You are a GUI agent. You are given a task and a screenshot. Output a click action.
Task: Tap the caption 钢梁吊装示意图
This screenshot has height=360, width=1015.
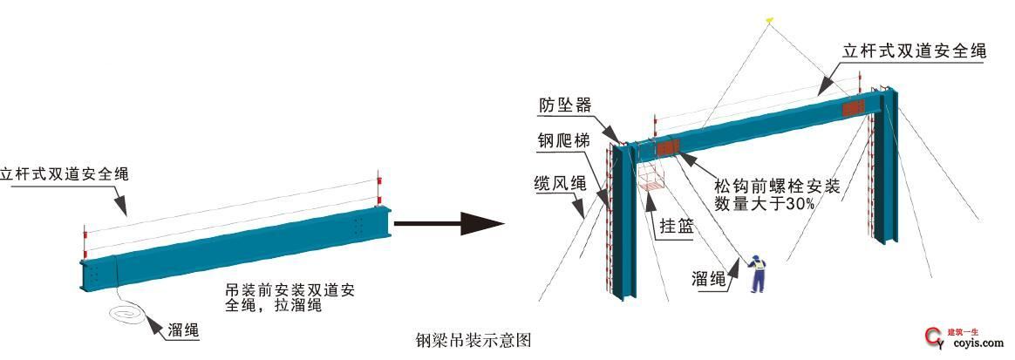(x=473, y=339)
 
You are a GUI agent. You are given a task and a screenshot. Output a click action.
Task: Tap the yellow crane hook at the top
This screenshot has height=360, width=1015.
(x=769, y=18)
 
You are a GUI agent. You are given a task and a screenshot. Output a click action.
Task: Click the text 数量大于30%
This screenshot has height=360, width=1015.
(x=765, y=204)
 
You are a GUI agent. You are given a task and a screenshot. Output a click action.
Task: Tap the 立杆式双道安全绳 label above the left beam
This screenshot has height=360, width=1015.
(x=65, y=173)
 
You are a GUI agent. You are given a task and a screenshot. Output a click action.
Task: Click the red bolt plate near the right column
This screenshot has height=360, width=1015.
(x=853, y=107)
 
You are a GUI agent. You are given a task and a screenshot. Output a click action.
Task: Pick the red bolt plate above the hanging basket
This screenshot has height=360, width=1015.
(x=669, y=146)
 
